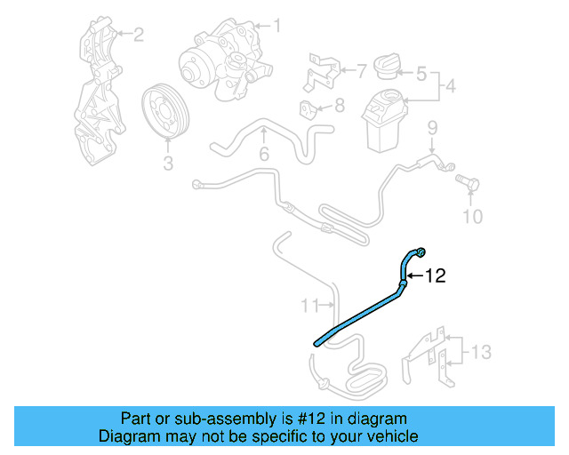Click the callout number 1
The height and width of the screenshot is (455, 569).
276,26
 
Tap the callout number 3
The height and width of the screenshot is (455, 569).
167,163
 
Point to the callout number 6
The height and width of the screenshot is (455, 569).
264,156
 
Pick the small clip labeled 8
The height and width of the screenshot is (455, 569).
309,111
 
